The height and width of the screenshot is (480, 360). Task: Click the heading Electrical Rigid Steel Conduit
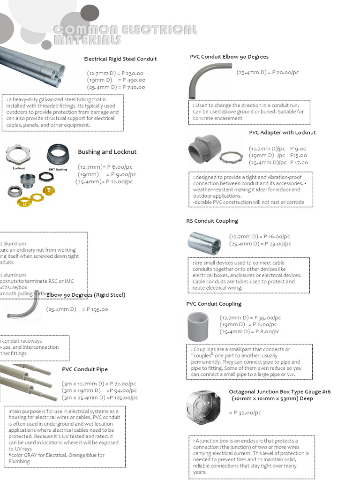120,59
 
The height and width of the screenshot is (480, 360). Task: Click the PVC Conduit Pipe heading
85,369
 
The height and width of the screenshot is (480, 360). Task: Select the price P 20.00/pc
284,72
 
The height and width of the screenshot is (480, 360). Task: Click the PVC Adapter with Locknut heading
282,133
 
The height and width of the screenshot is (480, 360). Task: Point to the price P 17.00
299,163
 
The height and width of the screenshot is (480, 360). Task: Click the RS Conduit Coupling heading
212,221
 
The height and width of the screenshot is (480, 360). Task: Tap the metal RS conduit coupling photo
204,241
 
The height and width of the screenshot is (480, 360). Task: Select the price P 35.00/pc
268,318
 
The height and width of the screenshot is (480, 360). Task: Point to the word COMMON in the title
85,30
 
